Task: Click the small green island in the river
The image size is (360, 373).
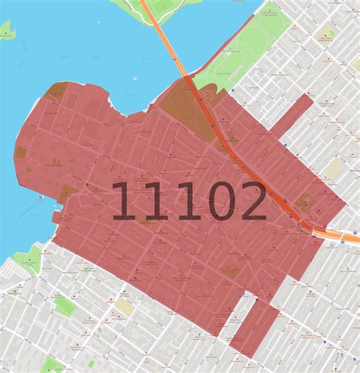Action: [6, 31]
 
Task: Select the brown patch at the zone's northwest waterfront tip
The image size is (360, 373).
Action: [55, 92]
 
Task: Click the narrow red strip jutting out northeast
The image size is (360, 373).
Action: [292, 115]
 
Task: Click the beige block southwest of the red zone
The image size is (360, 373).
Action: [124, 306]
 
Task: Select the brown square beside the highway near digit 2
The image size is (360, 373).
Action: [305, 203]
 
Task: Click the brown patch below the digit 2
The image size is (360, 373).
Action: [230, 271]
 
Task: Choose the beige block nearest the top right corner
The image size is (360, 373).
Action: [327, 34]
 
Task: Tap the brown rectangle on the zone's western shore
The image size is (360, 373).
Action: [21, 152]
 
